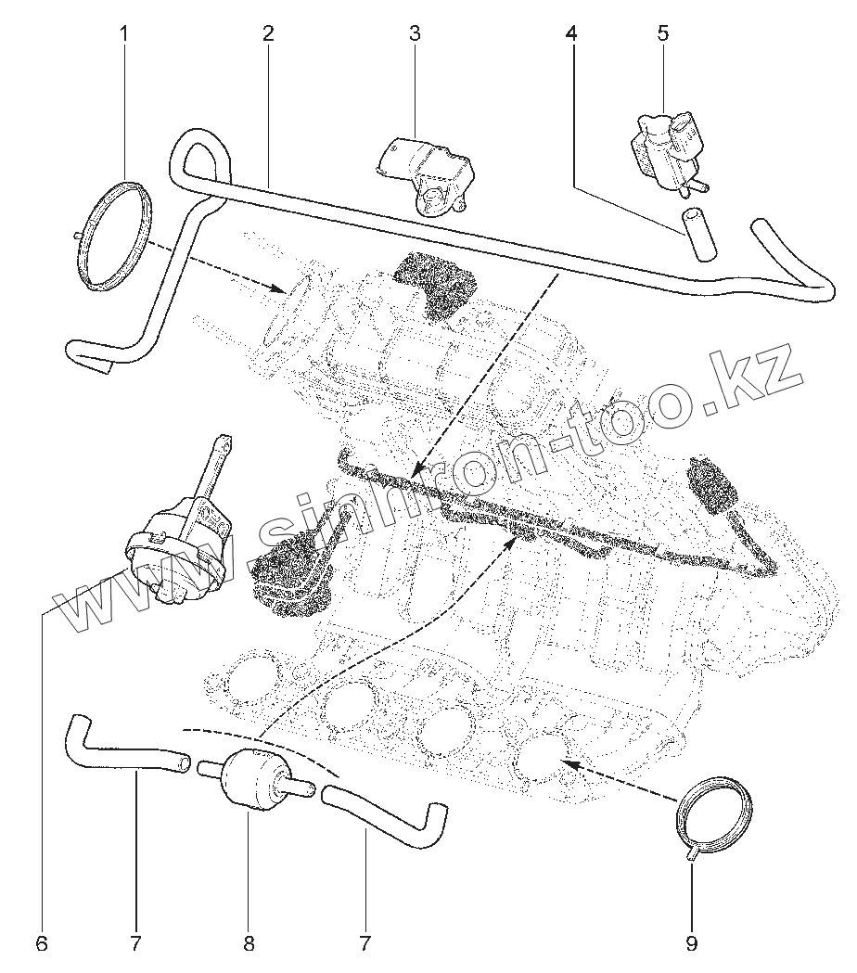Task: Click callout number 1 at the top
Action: (x=124, y=34)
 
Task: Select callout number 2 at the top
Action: (x=267, y=34)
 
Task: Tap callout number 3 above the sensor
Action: (x=414, y=34)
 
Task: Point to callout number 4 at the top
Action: (x=571, y=34)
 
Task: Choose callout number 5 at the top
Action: (x=662, y=34)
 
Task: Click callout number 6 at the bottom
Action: (x=41, y=944)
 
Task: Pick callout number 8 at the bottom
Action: (x=249, y=944)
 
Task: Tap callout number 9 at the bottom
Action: (x=691, y=944)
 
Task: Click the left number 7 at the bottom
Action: (x=135, y=944)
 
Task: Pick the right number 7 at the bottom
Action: (x=365, y=944)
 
